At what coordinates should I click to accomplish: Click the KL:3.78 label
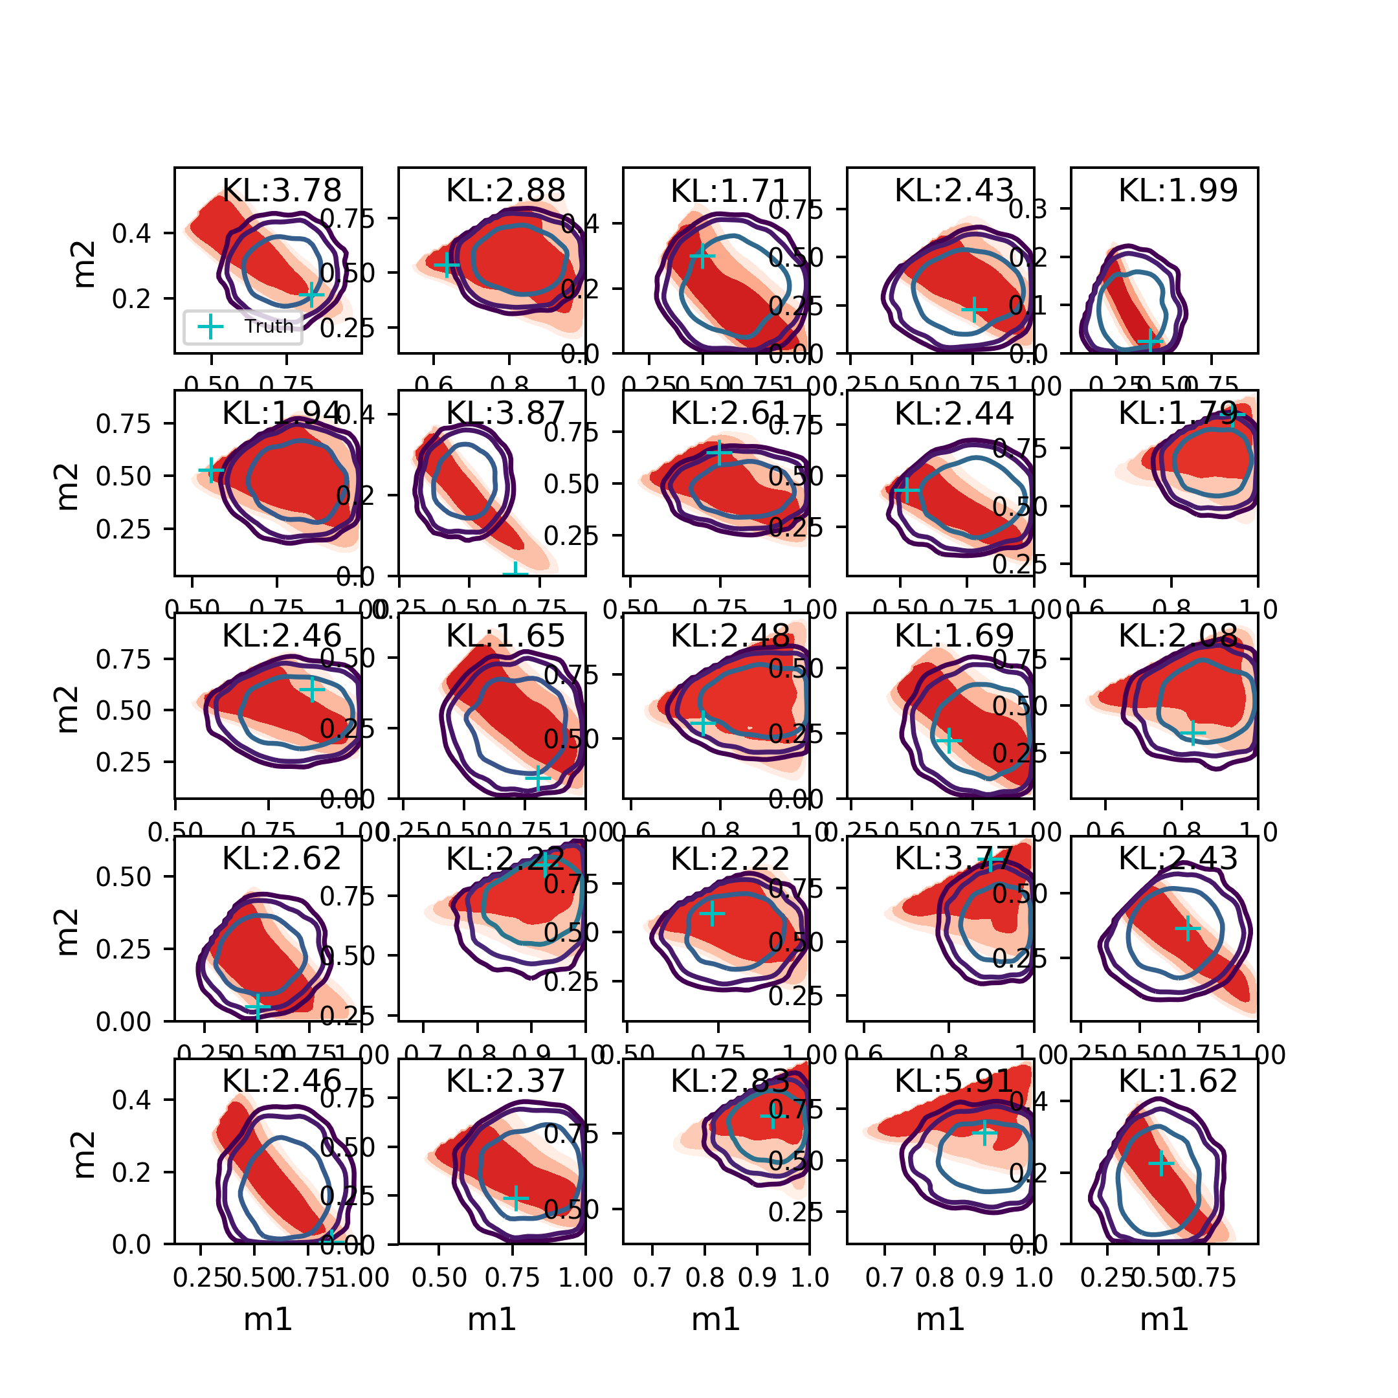282,190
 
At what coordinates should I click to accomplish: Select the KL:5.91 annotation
954,1081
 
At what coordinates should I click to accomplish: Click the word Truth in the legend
269,326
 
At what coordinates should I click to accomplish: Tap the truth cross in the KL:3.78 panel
312,294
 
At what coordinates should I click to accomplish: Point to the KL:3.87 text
505,413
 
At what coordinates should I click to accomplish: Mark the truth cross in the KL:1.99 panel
1150,342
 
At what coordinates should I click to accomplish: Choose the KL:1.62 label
1178,1081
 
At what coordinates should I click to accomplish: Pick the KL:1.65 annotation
505,636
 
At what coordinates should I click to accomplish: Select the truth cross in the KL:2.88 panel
447,265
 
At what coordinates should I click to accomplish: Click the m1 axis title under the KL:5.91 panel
940,1320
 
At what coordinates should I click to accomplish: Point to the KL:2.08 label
1178,636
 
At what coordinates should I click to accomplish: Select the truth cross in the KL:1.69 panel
949,740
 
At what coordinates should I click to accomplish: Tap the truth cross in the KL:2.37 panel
516,1197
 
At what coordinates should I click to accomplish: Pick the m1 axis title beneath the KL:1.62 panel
1164,1320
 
